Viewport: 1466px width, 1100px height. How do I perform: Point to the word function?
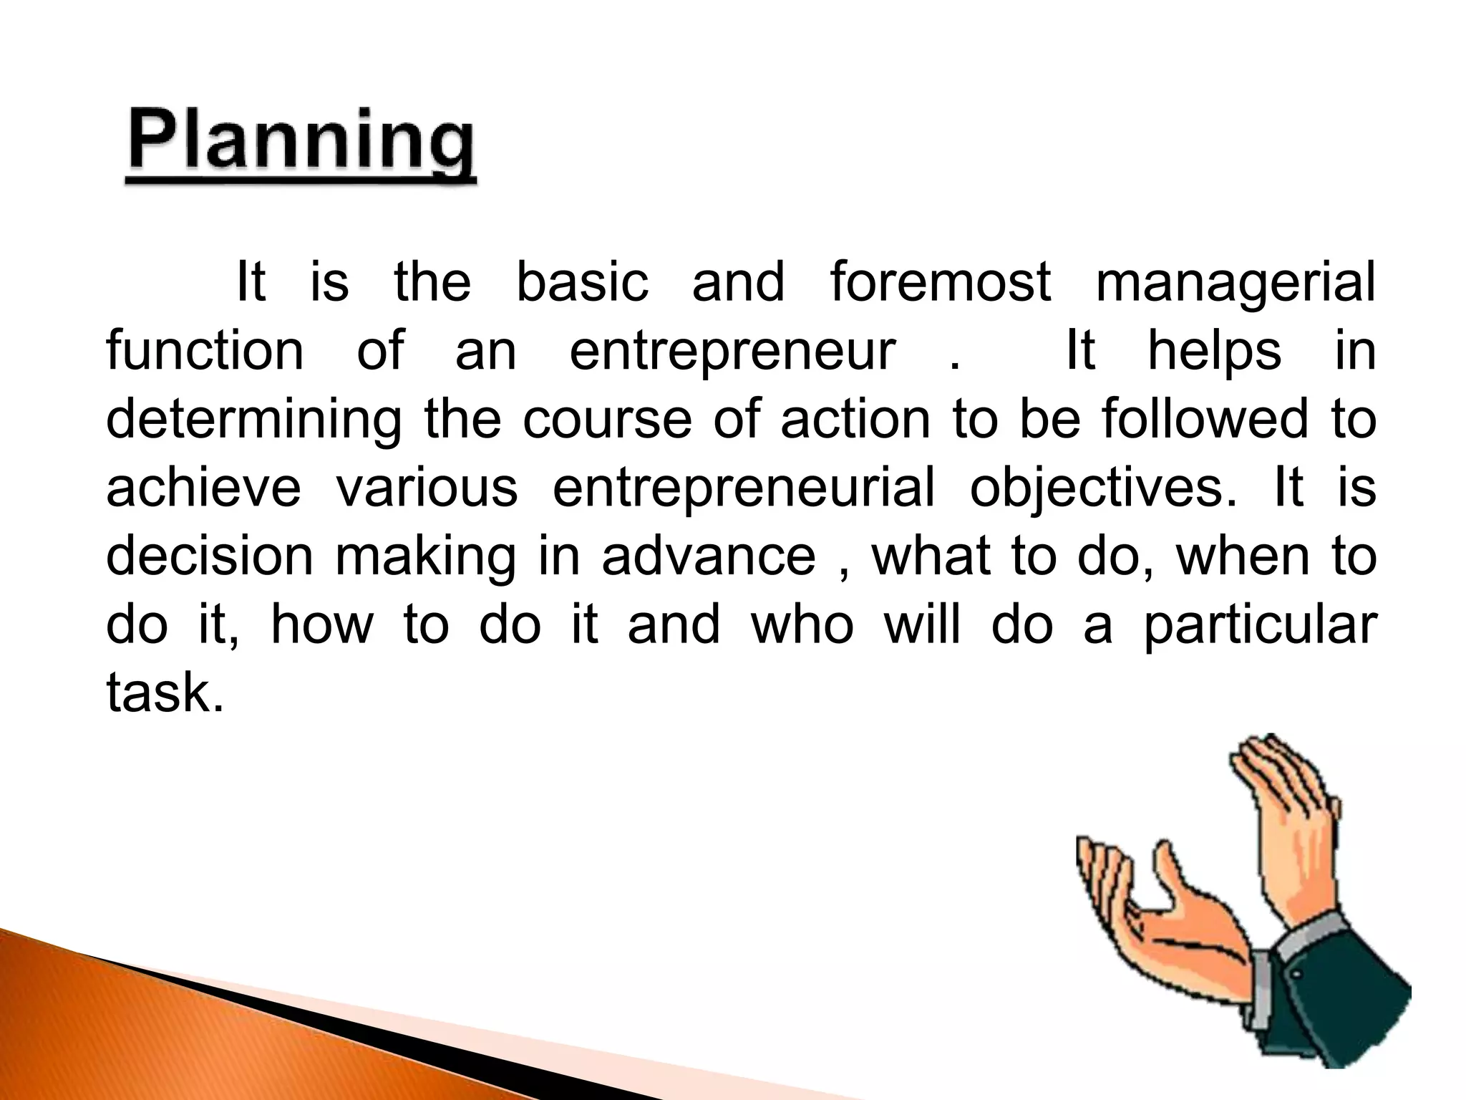tap(205, 350)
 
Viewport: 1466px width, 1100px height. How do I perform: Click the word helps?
tap(1215, 352)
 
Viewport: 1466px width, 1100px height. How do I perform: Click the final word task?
tap(165, 693)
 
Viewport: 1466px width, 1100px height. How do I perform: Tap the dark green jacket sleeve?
tap(1346, 1003)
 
